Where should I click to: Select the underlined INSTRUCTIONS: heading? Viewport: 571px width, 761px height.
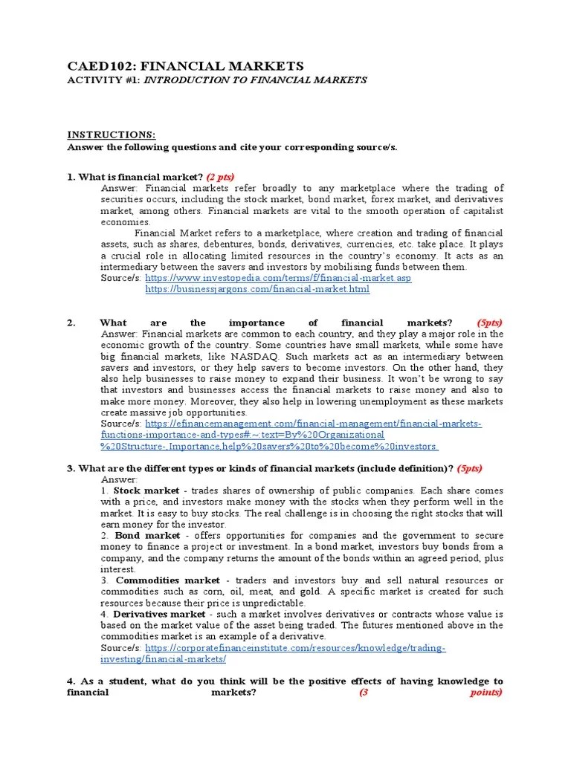pyautogui.click(x=112, y=135)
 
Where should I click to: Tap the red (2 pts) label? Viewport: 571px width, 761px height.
pyautogui.click(x=220, y=176)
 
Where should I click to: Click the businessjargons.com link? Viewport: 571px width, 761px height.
pyautogui.click(x=257, y=289)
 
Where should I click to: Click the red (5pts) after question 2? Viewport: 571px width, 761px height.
pyautogui.click(x=489, y=323)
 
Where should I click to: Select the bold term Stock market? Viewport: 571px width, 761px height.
pyautogui.click(x=146, y=490)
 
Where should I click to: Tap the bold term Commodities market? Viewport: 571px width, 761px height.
pyautogui.click(x=167, y=580)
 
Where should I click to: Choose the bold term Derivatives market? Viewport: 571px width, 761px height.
pyautogui.click(x=158, y=614)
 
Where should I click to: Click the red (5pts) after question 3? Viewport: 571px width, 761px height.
pyautogui.click(x=469, y=468)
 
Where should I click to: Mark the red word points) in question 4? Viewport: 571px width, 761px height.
pyautogui.click(x=486, y=693)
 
